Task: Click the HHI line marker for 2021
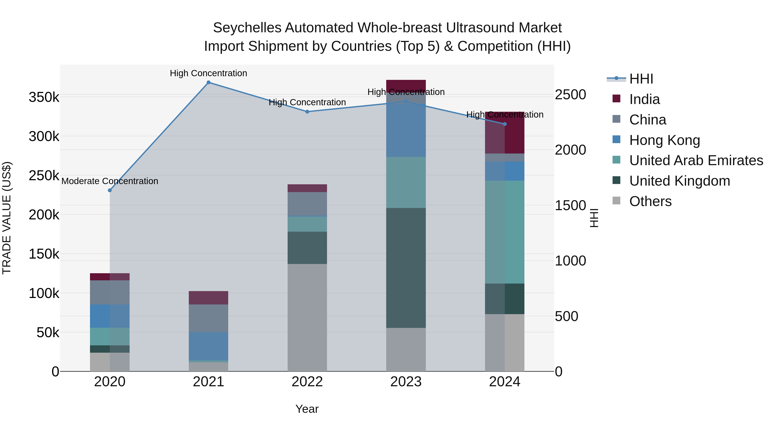point(208,82)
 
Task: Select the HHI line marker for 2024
point(505,124)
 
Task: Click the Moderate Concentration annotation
point(110,181)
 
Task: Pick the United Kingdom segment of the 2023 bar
point(406,268)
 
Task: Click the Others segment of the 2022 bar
point(307,317)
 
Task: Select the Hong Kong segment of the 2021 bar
point(208,346)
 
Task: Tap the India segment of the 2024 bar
point(505,133)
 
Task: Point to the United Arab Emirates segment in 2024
point(505,232)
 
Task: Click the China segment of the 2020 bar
point(110,292)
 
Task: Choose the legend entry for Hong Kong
point(664,140)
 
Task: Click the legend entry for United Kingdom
point(679,181)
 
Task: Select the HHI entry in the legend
point(641,79)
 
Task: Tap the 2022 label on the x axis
point(307,382)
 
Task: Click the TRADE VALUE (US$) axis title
point(7,218)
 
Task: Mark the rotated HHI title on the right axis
point(594,218)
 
